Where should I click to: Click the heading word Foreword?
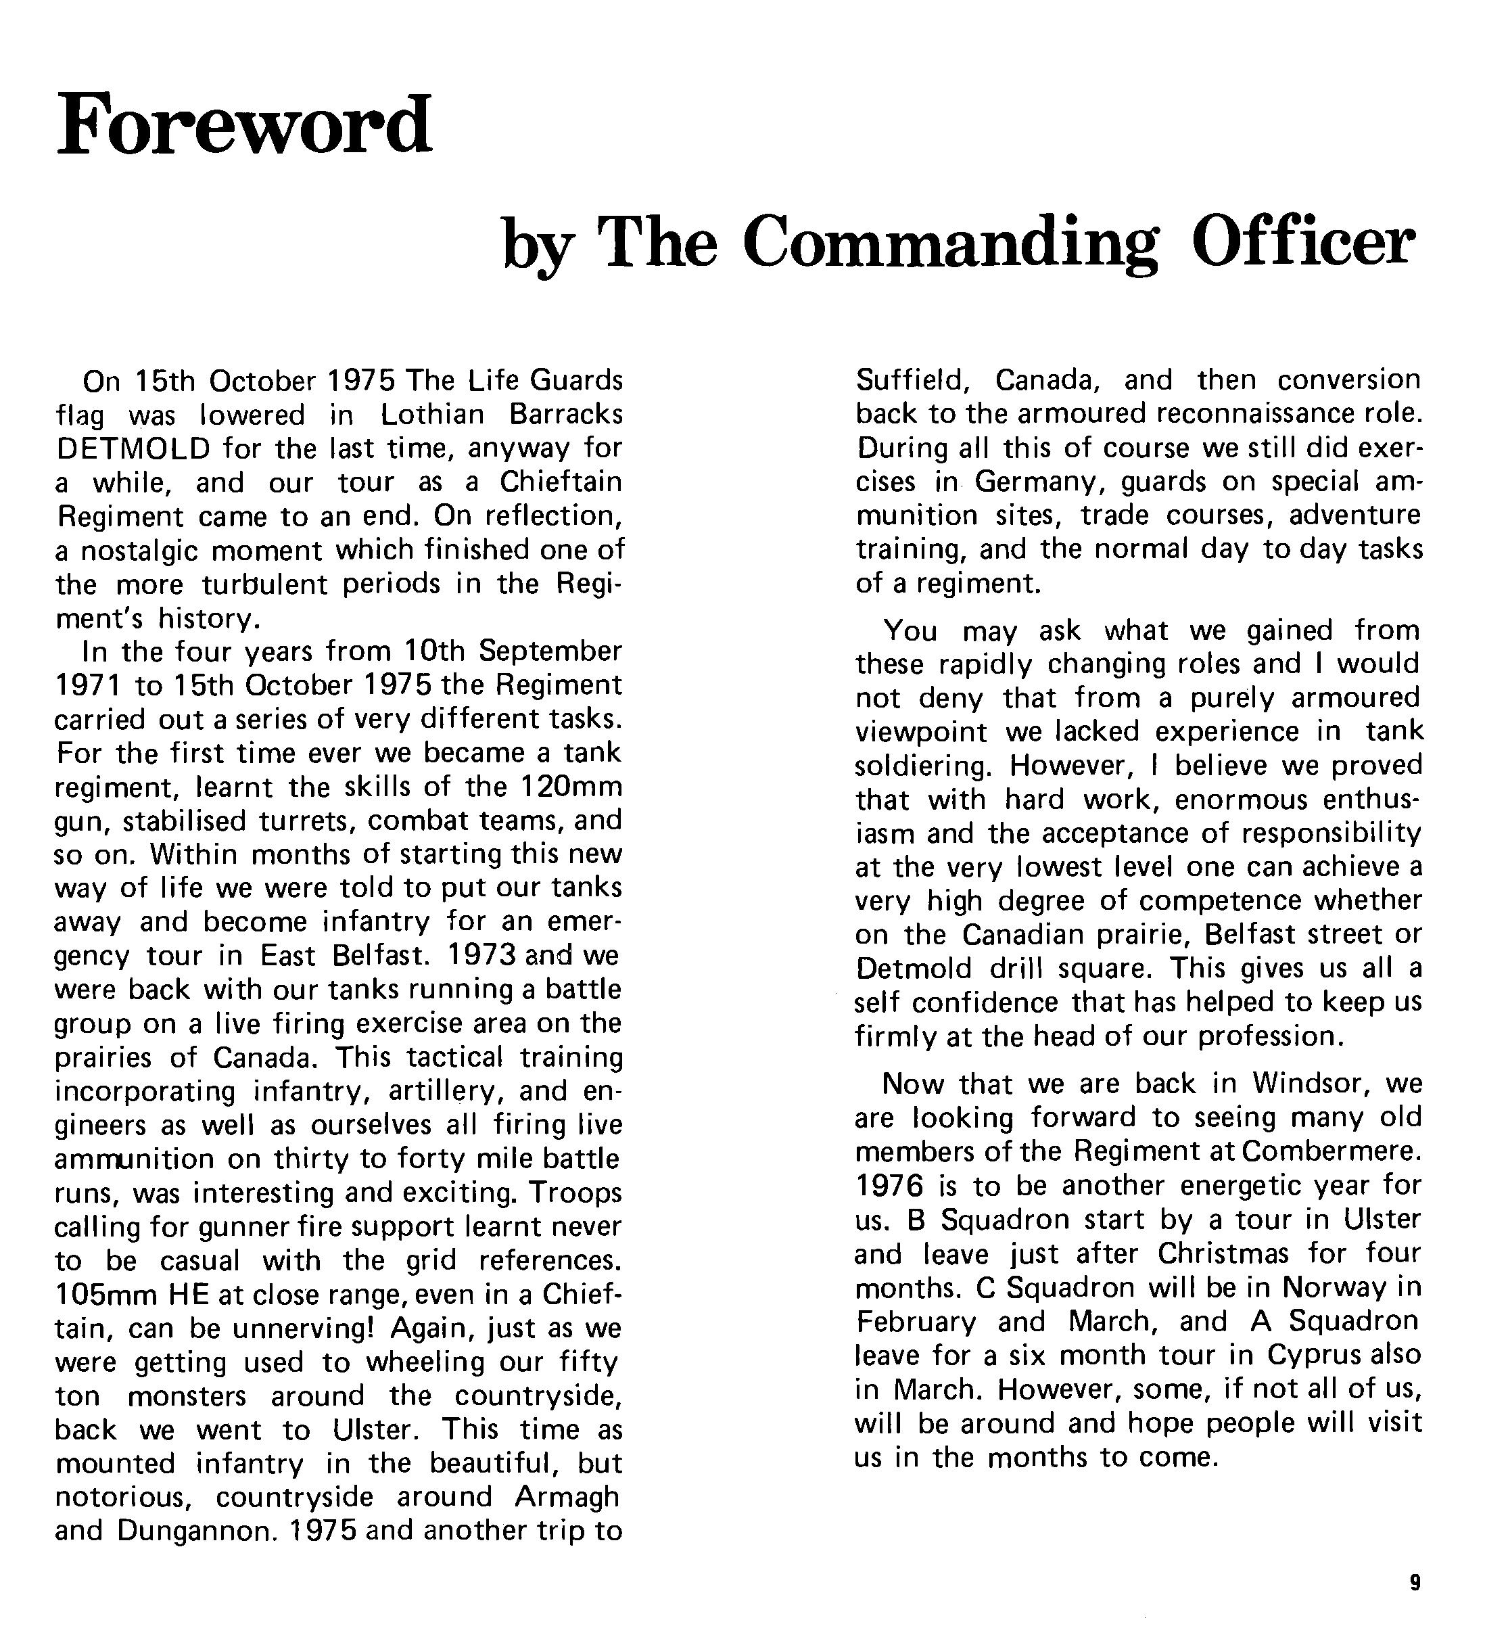(244, 126)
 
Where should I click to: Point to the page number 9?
(1414, 1584)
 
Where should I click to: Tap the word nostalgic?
(138, 551)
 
